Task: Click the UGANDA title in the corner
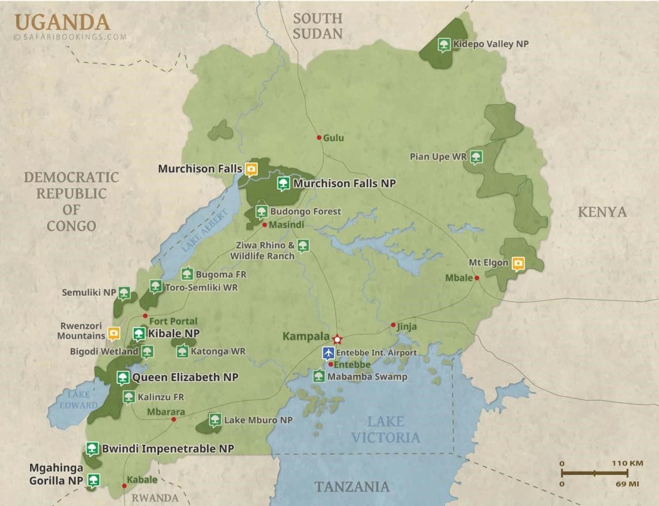tap(62, 22)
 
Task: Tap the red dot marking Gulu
tap(319, 138)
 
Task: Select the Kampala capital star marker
tap(337, 338)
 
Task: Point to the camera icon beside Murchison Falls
tap(251, 169)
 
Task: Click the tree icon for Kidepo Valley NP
tap(443, 44)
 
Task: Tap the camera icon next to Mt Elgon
tap(518, 263)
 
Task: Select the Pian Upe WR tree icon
tap(476, 157)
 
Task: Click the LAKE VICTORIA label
tap(386, 429)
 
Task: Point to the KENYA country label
tap(602, 212)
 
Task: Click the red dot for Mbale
tap(477, 278)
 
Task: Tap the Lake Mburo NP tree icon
tap(215, 420)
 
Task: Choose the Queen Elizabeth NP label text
tap(185, 377)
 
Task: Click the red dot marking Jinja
tap(393, 325)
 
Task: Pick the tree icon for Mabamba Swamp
tap(319, 377)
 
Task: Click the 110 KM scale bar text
tap(628, 463)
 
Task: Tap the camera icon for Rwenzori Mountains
tap(114, 334)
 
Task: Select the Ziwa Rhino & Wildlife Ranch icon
tap(303, 246)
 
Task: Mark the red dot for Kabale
tap(125, 486)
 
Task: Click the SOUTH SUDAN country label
tap(317, 26)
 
